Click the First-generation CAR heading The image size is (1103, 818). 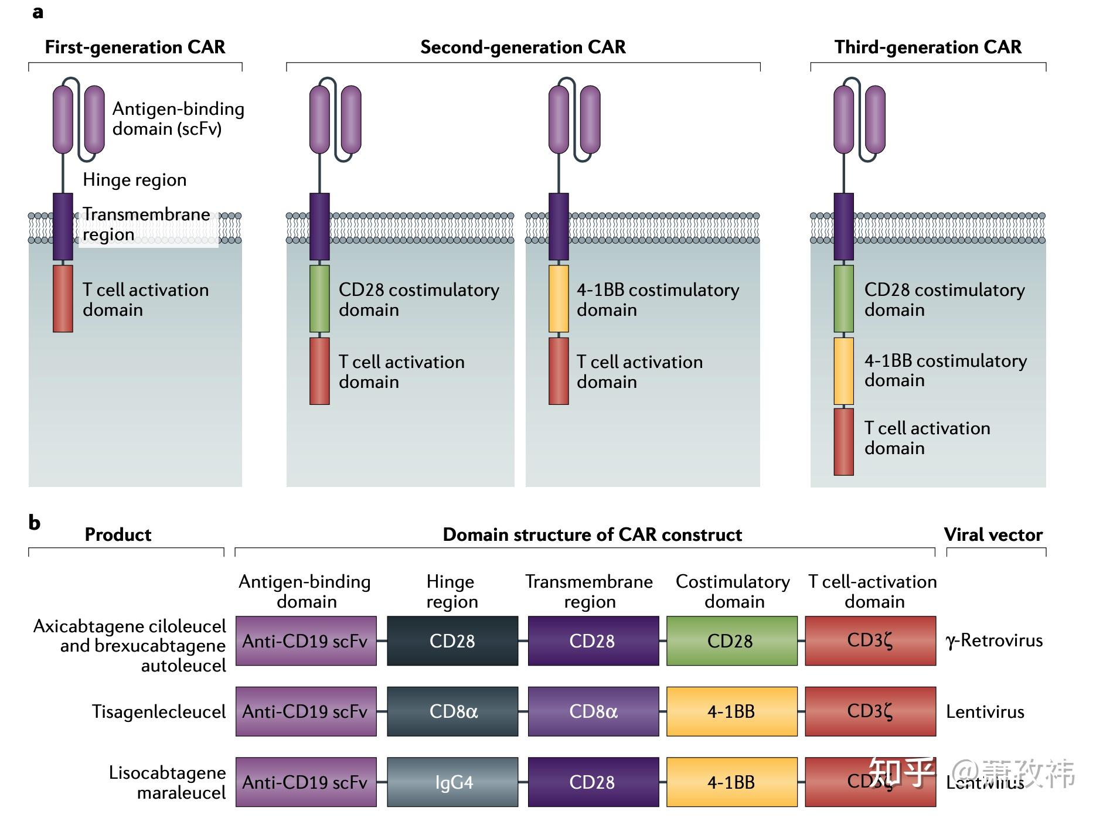(135, 47)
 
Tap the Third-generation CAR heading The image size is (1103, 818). (928, 47)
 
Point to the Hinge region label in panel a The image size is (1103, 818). (134, 179)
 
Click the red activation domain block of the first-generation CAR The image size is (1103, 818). (63, 298)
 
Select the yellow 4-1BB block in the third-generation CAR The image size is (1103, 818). (843, 370)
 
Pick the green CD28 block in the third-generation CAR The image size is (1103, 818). (843, 298)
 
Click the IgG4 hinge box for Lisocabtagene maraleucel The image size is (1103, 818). (452, 782)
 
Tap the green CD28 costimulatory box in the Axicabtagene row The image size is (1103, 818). (731, 640)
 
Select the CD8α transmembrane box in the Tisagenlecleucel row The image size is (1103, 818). (593, 711)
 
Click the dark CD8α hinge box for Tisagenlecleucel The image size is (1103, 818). (452, 711)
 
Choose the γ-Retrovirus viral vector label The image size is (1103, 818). (994, 640)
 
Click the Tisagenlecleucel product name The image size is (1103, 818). (158, 711)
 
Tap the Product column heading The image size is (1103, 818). (118, 534)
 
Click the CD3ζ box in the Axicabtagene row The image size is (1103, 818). (870, 640)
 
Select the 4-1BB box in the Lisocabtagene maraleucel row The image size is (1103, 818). (731, 782)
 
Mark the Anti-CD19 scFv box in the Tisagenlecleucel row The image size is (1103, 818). (306, 711)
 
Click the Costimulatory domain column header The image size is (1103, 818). (733, 591)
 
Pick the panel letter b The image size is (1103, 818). (35, 522)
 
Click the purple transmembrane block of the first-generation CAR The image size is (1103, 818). (63, 226)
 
